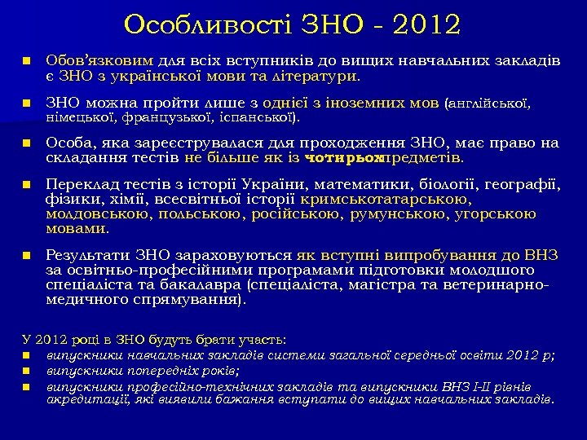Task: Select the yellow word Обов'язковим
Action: pyautogui.click(x=99, y=61)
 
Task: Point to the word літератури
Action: pyautogui.click(x=316, y=76)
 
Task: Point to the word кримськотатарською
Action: pyautogui.click(x=386, y=200)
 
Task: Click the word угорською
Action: pyautogui.click(x=497, y=214)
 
